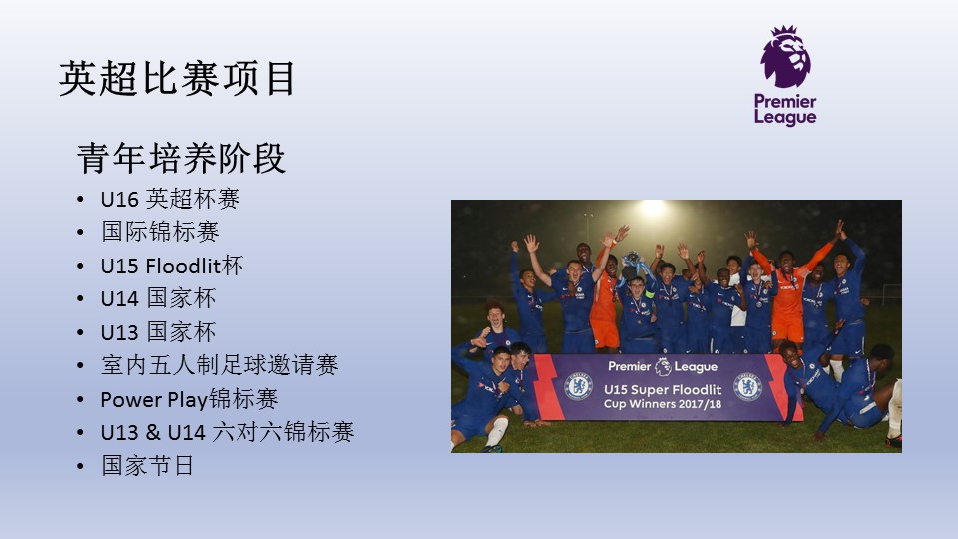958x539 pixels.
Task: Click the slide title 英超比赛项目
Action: click(178, 78)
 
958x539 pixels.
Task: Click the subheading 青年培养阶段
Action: click(182, 159)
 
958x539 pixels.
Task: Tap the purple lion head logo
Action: click(785, 56)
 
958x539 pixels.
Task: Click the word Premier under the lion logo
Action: click(785, 101)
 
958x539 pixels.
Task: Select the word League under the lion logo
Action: click(785, 117)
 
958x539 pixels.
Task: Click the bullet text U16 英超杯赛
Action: click(170, 199)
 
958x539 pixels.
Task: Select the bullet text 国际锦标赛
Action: click(160, 232)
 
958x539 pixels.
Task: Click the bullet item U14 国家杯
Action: click(158, 298)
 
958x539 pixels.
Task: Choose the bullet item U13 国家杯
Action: click(158, 332)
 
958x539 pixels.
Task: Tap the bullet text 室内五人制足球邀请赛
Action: click(220, 365)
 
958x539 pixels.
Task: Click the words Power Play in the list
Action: click(154, 399)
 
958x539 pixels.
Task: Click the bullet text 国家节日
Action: click(148, 466)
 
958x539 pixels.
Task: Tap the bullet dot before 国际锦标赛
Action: click(80, 233)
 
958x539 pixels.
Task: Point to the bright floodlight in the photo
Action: click(653, 209)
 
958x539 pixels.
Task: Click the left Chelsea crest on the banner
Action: click(578, 387)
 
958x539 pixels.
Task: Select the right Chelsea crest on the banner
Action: click(747, 387)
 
